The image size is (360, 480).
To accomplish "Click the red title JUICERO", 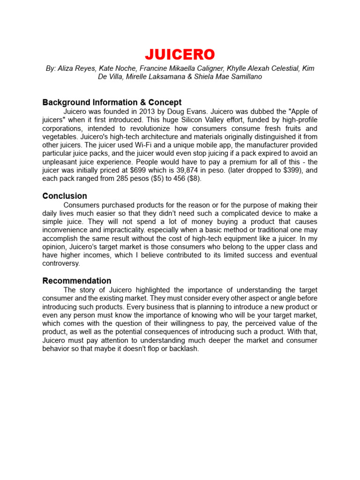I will [x=180, y=54].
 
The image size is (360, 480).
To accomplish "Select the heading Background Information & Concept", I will [x=112, y=102].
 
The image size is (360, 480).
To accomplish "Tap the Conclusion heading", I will [x=65, y=196].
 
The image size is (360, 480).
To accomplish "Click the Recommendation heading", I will [x=77, y=281].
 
